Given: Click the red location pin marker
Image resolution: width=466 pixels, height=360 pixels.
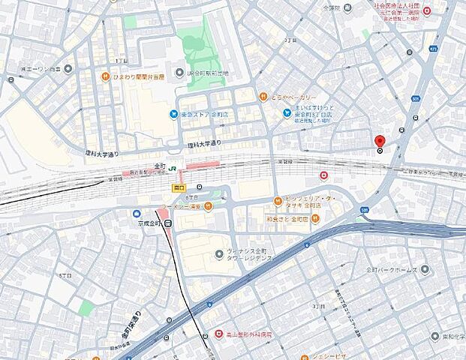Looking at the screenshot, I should [x=379, y=141].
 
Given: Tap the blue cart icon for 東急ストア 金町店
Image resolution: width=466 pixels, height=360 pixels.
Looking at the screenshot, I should [x=173, y=114].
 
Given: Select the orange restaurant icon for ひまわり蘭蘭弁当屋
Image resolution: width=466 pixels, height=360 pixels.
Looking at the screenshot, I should [x=107, y=76].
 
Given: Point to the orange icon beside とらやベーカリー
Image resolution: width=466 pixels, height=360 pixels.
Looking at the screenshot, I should [x=263, y=96].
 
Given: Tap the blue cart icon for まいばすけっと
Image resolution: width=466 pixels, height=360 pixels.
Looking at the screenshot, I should [x=287, y=113].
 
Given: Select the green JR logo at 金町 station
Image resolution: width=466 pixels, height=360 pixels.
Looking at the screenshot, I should [x=172, y=168].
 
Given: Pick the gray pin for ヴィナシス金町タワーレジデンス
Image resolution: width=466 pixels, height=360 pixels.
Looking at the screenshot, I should [x=218, y=253].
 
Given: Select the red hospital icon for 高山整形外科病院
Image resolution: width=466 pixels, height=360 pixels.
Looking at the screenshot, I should [x=218, y=332].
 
